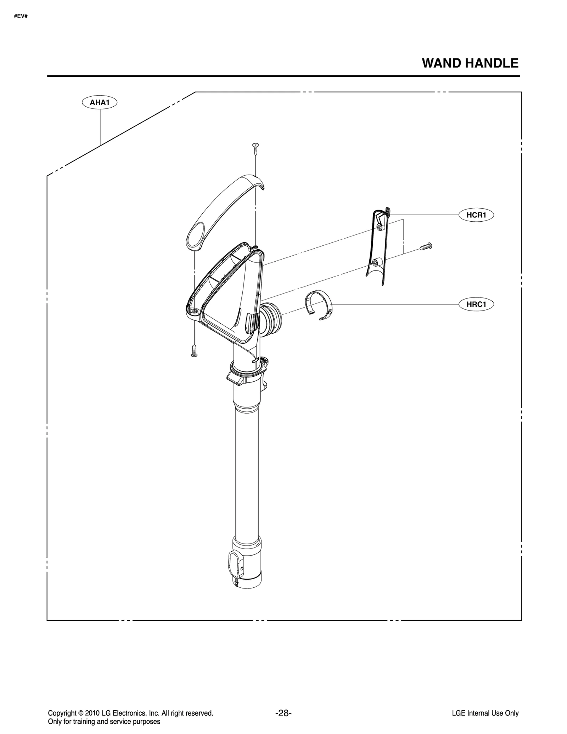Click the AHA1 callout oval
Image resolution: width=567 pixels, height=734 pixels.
coord(100,103)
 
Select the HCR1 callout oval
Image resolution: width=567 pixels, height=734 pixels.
coord(476,215)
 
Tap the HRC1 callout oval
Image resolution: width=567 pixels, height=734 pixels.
coord(476,304)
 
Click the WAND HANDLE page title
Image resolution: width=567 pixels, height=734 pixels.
coord(470,63)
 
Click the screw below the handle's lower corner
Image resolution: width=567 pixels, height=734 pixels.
coord(194,351)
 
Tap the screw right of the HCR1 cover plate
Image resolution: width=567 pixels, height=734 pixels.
coord(426,246)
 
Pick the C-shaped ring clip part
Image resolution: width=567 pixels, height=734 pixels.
coord(319,305)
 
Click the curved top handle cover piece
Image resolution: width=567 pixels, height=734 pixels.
coord(227,209)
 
